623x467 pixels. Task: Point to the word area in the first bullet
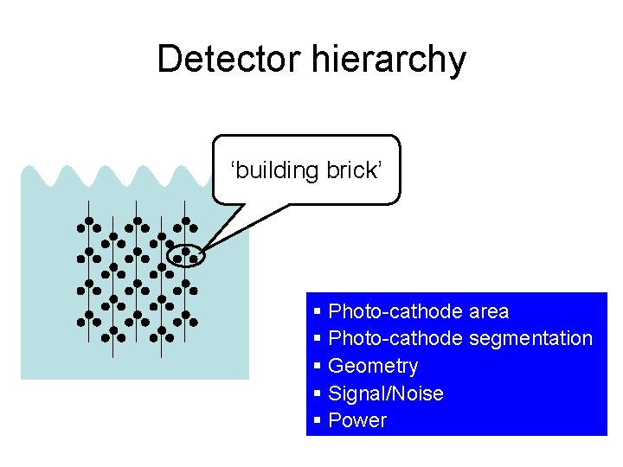(x=489, y=311)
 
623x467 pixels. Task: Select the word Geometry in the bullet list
(x=373, y=367)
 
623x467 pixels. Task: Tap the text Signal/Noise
(x=386, y=394)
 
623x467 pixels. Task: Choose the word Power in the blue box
(x=357, y=421)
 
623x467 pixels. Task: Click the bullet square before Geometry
(x=318, y=366)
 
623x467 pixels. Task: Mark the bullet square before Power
(x=318, y=420)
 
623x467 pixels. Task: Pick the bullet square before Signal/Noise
(x=318, y=393)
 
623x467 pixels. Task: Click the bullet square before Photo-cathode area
(x=318, y=310)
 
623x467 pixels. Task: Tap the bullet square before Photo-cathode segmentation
(x=318, y=338)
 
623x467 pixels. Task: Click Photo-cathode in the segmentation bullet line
(x=395, y=339)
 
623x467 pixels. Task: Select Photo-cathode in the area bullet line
(x=395, y=311)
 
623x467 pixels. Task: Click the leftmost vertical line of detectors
(x=88, y=285)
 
